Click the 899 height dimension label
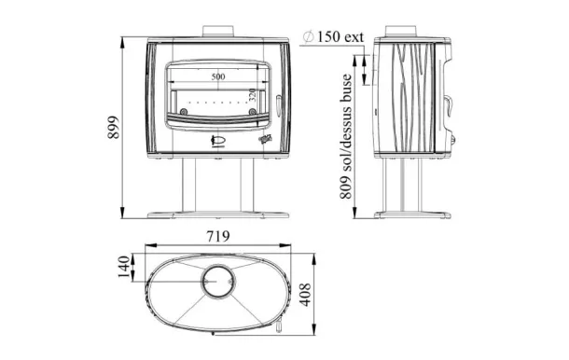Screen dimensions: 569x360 [x=114, y=127]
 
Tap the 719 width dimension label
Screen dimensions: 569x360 [x=218, y=236]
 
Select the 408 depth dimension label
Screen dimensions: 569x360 [x=306, y=295]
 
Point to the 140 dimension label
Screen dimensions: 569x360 [x=124, y=267]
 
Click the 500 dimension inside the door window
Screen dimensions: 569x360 [x=218, y=76]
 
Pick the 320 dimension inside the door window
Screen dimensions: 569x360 [x=253, y=95]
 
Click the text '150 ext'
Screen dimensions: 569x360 [x=340, y=36]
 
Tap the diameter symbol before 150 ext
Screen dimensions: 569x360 [x=309, y=36]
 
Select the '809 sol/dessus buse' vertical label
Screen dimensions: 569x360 [x=346, y=136]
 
